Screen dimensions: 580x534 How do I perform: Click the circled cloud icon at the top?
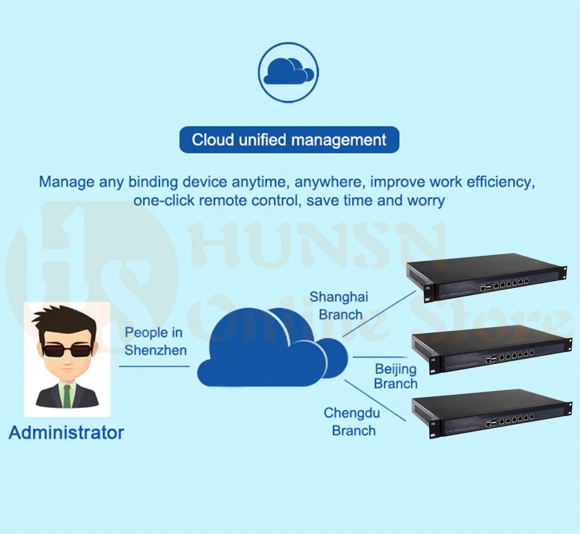pos(288,72)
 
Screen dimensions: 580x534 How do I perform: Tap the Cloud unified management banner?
pos(289,139)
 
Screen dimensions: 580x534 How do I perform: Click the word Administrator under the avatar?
pos(66,433)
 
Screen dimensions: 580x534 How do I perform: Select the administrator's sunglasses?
pos(67,350)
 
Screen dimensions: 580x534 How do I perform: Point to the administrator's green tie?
pos(67,395)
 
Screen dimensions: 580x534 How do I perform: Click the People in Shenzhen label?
pos(155,342)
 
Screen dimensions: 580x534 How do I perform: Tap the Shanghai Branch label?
pos(339,305)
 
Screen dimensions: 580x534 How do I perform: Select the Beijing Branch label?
pos(395,376)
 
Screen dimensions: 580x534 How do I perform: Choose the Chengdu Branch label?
pos(352,422)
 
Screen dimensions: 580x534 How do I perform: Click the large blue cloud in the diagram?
pos(272,347)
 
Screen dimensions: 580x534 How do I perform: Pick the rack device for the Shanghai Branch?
pos(486,278)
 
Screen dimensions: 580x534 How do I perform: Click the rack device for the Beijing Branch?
pos(492,349)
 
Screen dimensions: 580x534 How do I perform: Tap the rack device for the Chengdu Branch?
pos(492,413)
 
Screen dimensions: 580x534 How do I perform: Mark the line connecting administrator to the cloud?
pos(154,366)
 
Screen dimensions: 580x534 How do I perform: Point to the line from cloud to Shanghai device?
pos(379,313)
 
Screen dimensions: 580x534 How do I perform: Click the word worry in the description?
pos(426,201)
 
